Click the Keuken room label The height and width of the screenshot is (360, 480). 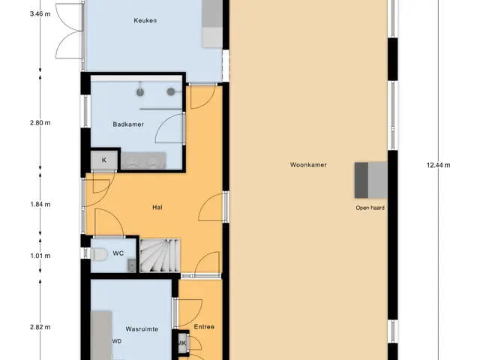point(145,20)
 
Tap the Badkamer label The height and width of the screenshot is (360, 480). point(128,124)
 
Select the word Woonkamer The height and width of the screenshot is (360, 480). point(308,165)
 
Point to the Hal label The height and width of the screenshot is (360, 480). point(157,207)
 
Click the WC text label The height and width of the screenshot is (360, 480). point(118,253)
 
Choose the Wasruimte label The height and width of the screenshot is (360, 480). point(142,329)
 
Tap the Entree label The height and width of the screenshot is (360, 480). point(204,327)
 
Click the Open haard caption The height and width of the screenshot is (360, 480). point(370,208)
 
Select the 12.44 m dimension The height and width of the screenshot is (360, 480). point(438,165)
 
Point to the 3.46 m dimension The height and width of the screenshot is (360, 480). point(40,13)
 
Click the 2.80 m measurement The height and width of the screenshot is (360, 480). point(40,123)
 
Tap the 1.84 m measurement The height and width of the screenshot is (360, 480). point(40,204)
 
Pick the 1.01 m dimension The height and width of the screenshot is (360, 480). point(40,256)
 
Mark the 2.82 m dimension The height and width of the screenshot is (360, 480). point(40,327)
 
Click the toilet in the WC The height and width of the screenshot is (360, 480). point(98,254)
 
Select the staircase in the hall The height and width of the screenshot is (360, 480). point(160,255)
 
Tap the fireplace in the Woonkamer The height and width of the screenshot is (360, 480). point(371,180)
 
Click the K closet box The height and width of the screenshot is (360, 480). point(104,160)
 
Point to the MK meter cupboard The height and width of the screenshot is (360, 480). point(182,343)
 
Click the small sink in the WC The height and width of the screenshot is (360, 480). point(132,265)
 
